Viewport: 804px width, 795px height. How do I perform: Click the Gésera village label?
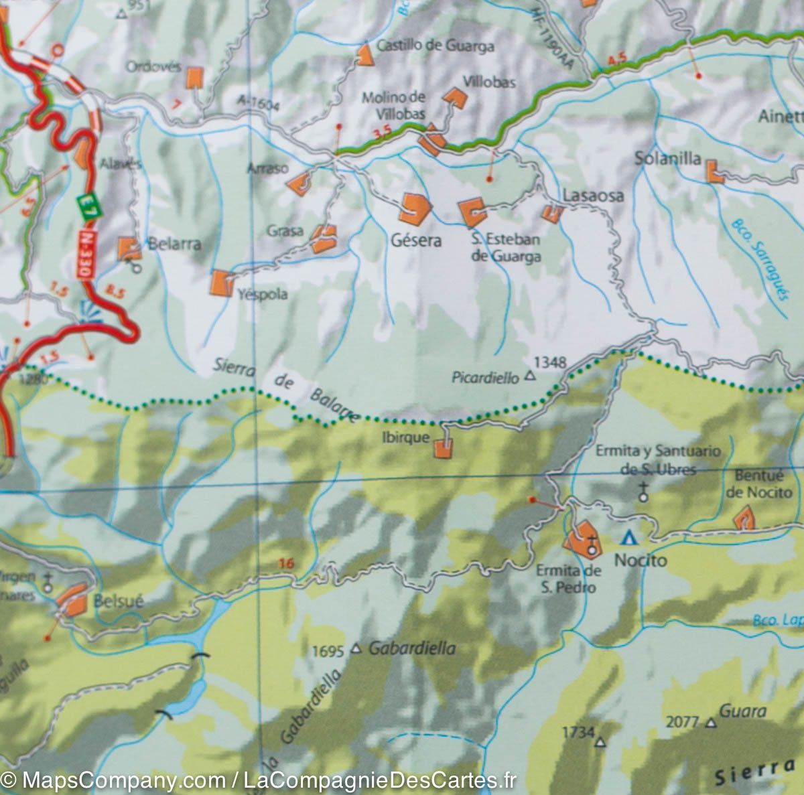tap(415, 240)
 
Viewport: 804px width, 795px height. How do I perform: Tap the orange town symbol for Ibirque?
tap(443, 448)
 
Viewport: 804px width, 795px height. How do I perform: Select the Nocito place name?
tap(642, 559)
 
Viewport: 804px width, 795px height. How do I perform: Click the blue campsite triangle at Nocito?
tap(628, 537)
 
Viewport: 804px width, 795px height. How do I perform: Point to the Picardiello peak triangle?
tap(530, 377)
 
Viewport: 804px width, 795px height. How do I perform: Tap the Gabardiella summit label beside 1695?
tap(412, 648)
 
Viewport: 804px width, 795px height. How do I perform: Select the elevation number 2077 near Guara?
tap(683, 722)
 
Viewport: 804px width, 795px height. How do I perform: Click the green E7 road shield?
tap(84, 206)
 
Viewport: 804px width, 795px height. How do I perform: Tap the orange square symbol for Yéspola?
tap(220, 283)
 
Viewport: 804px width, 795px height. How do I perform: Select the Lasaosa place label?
tap(593, 196)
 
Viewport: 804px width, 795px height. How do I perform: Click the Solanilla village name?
tap(667, 159)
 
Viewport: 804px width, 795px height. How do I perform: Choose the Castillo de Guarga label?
tap(435, 46)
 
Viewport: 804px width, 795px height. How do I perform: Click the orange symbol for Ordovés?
tap(194, 78)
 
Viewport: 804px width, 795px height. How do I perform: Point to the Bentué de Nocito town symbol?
tap(744, 518)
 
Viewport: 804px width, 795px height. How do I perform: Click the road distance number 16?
tap(286, 564)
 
